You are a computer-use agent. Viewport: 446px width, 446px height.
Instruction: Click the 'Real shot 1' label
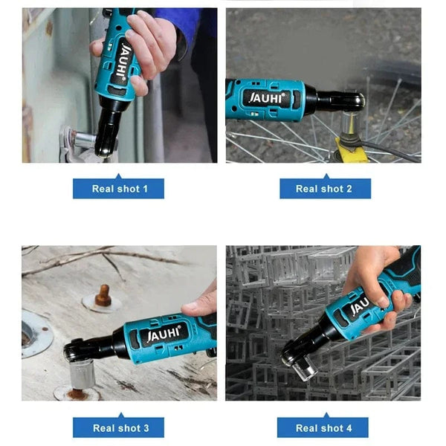tap(118, 189)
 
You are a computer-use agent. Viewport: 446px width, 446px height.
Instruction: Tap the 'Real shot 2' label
tap(325, 189)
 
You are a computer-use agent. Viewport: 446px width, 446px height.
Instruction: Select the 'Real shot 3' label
tap(118, 427)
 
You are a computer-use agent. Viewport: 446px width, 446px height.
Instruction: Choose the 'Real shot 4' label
tap(325, 427)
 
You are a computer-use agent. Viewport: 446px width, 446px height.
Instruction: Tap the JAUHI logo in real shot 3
tap(164, 334)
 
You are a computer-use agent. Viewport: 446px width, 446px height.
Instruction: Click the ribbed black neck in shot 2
tap(327, 100)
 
